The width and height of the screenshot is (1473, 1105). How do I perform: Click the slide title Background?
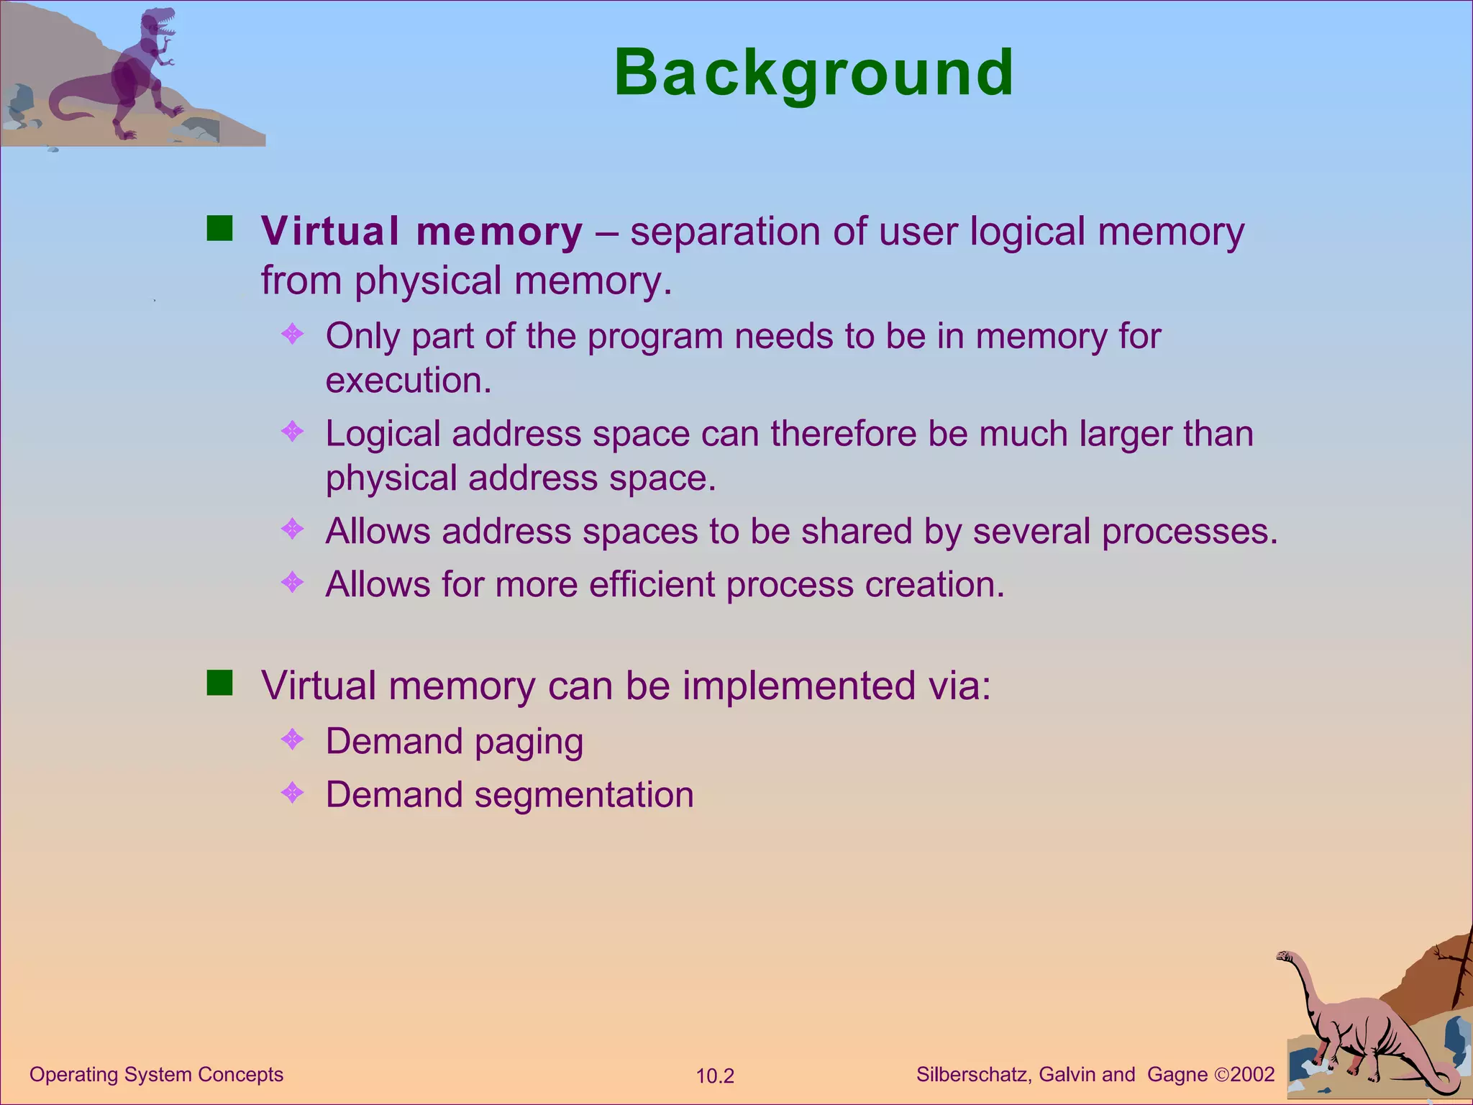click(x=813, y=73)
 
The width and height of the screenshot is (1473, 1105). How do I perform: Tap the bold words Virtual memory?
click(x=421, y=232)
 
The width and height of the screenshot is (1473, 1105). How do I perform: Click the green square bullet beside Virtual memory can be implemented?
click(x=219, y=683)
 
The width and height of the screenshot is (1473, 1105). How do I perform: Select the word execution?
click(x=408, y=381)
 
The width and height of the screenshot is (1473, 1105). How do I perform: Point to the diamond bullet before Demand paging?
click(x=293, y=740)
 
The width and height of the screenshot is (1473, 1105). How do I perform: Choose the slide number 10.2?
click(x=715, y=1076)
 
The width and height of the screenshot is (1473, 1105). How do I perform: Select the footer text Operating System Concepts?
click(x=156, y=1075)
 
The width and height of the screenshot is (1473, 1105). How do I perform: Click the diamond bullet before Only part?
click(x=293, y=334)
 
